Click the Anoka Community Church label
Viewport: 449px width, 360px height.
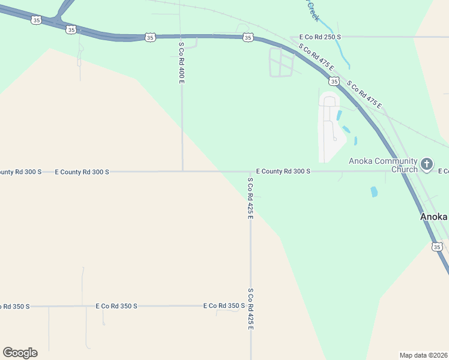point(382,165)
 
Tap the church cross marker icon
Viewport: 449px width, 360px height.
point(426,164)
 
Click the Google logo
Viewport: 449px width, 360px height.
point(20,353)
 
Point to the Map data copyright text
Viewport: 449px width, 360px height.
point(423,355)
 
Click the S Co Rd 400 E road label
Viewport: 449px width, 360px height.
point(181,62)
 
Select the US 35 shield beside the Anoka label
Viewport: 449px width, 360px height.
point(437,247)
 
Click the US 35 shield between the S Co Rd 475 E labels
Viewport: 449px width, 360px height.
point(333,80)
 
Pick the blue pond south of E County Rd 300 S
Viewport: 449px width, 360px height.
point(375,192)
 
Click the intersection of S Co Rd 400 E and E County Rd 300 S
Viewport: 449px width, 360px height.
point(182,171)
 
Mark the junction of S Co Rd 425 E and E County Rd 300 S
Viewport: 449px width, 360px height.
point(250,172)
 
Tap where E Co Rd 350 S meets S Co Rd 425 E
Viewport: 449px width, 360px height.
point(250,305)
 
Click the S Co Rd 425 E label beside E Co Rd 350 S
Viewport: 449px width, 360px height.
point(250,308)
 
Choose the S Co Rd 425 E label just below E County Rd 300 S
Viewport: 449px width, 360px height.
point(250,198)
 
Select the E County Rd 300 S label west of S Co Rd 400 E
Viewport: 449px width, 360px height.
point(82,172)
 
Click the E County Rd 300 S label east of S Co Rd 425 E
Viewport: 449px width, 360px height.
point(283,171)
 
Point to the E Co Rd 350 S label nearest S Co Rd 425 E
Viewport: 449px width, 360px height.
point(223,305)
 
